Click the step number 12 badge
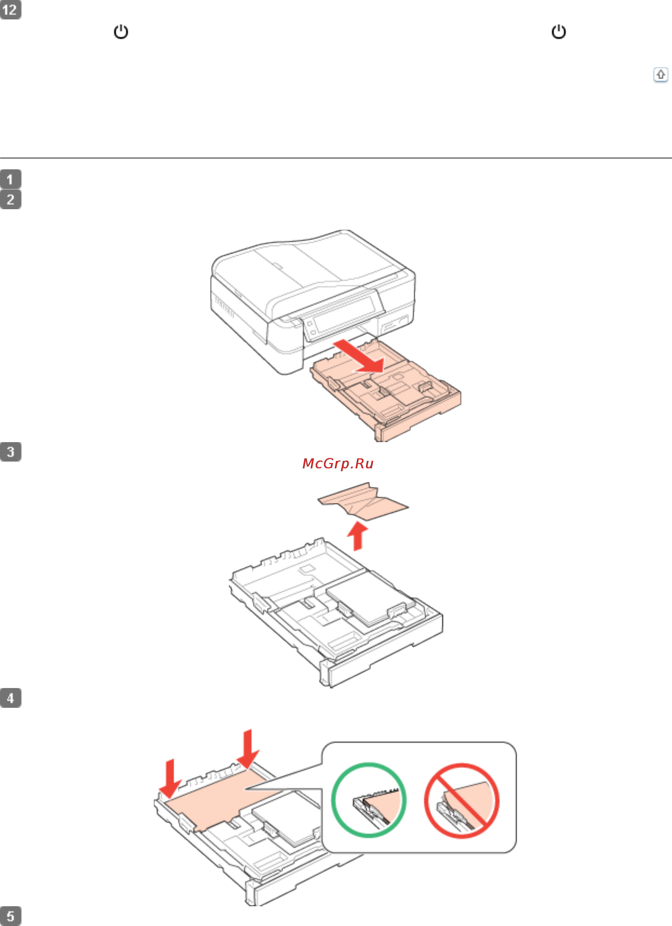pyautogui.click(x=11, y=9)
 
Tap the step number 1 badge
pyautogui.click(x=11, y=179)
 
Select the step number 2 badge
pyautogui.click(x=11, y=199)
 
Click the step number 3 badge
pyautogui.click(x=11, y=451)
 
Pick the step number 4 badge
pyautogui.click(x=11, y=698)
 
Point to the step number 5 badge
pyautogui.click(x=11, y=916)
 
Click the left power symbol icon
pyautogui.click(x=121, y=32)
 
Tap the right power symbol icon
pyautogui.click(x=559, y=32)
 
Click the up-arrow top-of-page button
pyautogui.click(x=661, y=75)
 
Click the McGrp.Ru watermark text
pyautogui.click(x=338, y=463)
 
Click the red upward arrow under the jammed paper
pyautogui.click(x=358, y=536)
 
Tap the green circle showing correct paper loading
pyautogui.click(x=369, y=800)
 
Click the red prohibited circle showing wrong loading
pyautogui.click(x=462, y=801)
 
